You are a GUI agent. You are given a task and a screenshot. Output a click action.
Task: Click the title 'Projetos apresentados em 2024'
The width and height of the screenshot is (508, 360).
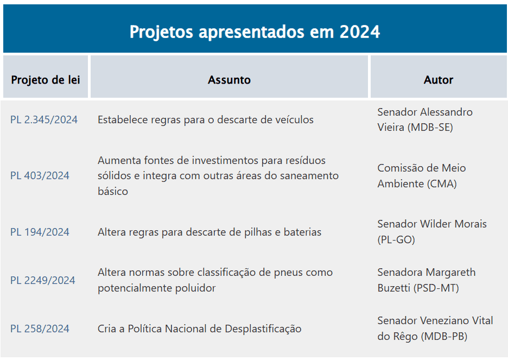(x=255, y=31)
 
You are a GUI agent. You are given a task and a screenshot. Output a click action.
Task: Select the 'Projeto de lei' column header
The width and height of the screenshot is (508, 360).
(x=46, y=80)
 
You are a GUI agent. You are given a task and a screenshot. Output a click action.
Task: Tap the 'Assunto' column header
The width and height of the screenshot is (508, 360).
(x=229, y=80)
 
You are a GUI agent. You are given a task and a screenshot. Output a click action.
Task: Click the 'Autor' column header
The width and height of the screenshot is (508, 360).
(x=439, y=80)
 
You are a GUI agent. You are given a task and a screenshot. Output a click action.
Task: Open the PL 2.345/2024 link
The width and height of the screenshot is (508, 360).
(x=44, y=119)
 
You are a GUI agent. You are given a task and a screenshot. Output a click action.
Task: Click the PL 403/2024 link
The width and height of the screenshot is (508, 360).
(x=40, y=175)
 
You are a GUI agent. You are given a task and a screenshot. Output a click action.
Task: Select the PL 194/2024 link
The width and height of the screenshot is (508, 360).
(x=40, y=232)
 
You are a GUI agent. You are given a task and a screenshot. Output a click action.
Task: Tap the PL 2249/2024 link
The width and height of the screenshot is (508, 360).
(x=43, y=280)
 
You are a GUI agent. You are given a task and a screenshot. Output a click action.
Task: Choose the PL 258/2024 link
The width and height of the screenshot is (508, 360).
(x=40, y=329)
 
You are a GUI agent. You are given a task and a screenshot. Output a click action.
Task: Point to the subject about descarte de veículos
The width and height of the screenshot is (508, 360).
(x=206, y=119)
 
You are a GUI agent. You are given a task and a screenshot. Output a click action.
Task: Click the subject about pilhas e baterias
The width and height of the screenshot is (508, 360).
(x=209, y=232)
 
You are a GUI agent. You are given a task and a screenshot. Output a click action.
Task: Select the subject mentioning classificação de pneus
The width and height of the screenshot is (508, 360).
(x=215, y=280)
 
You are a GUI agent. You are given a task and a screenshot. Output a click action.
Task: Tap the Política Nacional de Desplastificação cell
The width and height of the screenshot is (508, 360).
(x=200, y=329)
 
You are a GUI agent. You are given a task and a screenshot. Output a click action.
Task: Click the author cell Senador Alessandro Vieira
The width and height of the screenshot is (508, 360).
(x=425, y=119)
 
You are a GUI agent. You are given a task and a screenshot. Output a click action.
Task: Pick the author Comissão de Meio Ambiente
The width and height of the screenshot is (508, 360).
(x=422, y=175)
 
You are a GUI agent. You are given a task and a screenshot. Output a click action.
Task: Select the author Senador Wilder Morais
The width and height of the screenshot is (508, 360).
(x=432, y=232)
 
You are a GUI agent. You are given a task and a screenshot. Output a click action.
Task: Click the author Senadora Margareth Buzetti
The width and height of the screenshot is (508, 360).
(x=427, y=280)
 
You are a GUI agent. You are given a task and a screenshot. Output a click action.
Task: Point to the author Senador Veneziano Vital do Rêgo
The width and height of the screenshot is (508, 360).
(x=435, y=329)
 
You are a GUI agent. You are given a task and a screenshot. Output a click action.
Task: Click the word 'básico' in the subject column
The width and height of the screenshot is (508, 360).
(x=113, y=191)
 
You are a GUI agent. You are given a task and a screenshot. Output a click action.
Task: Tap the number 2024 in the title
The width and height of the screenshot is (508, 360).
(x=360, y=31)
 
